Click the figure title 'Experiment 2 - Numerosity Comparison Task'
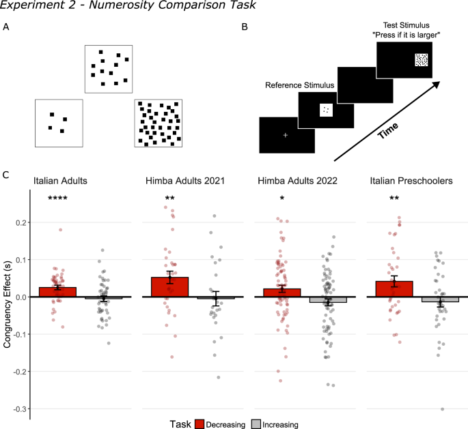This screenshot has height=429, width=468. click(x=116, y=8)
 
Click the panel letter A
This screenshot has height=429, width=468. click(x=6, y=27)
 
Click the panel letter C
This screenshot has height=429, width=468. click(x=6, y=175)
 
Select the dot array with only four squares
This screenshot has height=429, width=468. click(x=59, y=123)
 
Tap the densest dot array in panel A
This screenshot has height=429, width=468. click(x=159, y=123)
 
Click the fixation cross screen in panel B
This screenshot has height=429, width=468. click(x=286, y=135)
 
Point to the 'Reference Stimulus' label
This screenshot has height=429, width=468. click(x=299, y=85)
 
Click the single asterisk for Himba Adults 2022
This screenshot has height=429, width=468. click(x=281, y=199)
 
